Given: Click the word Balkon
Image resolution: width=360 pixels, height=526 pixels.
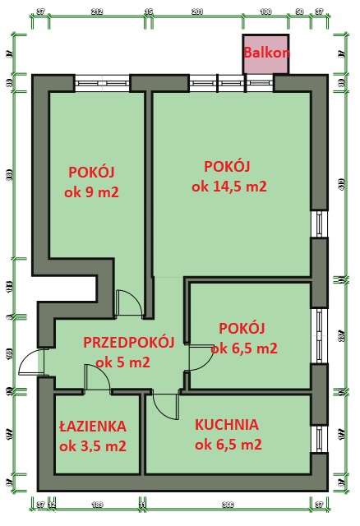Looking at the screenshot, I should tap(266, 53).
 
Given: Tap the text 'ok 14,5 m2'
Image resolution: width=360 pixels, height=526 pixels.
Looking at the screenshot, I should tap(228, 187).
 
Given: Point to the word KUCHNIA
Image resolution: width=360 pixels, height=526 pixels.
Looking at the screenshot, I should tap(226, 425).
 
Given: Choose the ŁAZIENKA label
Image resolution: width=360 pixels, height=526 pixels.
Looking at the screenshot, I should tap(91, 427).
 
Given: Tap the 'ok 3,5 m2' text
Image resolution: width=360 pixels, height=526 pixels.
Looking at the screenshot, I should tap(92, 446).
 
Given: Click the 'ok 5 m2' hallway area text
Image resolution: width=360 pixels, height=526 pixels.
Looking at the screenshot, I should tap(122, 362).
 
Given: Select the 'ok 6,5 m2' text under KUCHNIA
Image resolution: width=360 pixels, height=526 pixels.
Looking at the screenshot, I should tap(228, 445).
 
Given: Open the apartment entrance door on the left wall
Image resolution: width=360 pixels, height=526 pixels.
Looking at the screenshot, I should tap(32, 362).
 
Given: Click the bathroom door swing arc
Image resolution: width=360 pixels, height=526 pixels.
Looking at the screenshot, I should tap(97, 377).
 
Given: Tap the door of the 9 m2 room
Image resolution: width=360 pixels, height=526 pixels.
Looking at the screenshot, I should tap(128, 303).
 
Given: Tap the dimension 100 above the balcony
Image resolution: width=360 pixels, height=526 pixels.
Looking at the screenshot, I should tap(265, 12).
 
